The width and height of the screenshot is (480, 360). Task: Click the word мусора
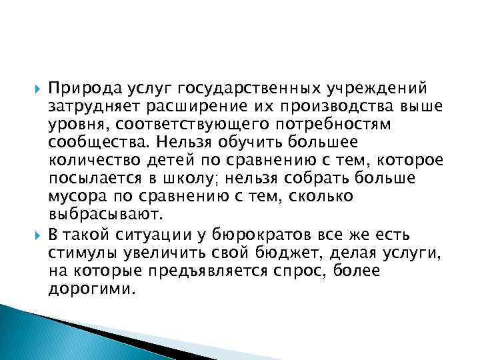72,198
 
